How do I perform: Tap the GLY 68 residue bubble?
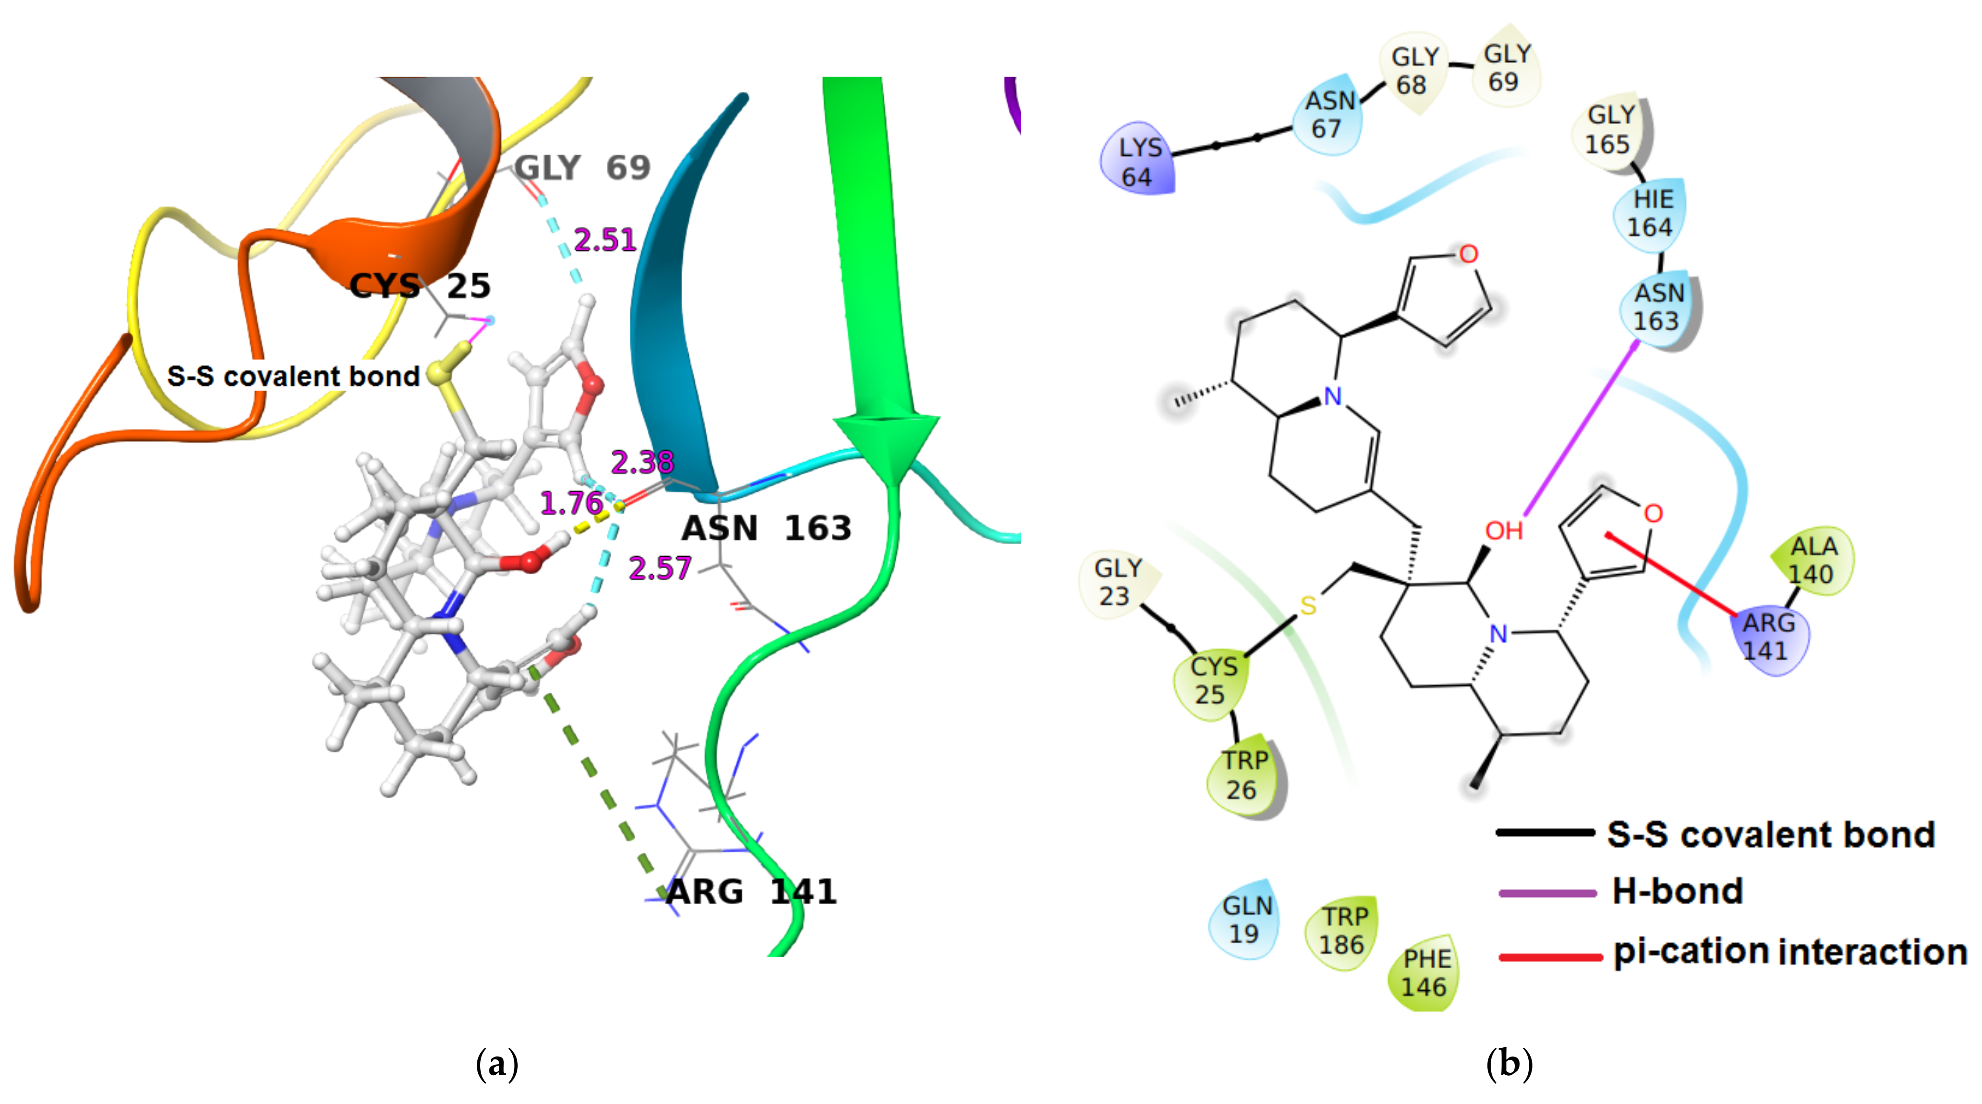tap(1414, 71)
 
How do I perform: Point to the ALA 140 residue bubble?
tap(1812, 560)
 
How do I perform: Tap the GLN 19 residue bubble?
tap(1245, 919)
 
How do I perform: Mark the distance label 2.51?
tap(605, 240)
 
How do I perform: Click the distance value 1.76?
tap(571, 504)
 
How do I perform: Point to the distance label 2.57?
tap(659, 569)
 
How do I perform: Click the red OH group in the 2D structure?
tap(1503, 531)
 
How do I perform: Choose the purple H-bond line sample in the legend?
tap(1546, 893)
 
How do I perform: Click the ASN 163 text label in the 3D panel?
tap(766, 528)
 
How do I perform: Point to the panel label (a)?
tap(497, 1064)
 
